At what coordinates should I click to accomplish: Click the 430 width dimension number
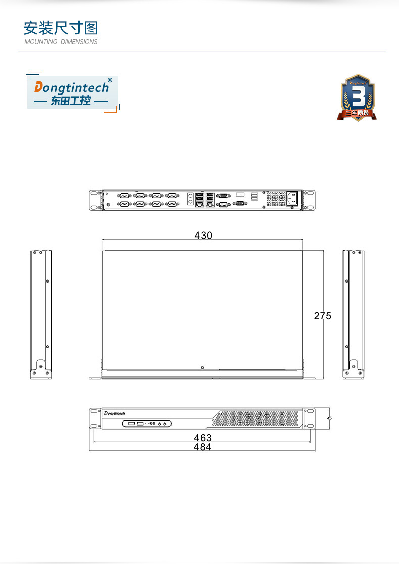203,236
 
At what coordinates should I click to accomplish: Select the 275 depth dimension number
323,316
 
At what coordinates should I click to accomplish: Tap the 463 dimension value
203,438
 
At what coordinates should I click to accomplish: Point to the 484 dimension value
203,447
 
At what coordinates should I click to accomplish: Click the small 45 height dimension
329,418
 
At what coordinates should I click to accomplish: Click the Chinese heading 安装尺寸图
61,27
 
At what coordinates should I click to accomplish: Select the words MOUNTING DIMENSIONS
61,42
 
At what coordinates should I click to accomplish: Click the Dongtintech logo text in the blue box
71,87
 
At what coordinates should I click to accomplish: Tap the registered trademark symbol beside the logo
110,80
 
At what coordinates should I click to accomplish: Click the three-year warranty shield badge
357,98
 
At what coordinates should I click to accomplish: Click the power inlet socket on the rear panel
293,198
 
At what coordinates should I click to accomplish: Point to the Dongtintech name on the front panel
117,413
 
